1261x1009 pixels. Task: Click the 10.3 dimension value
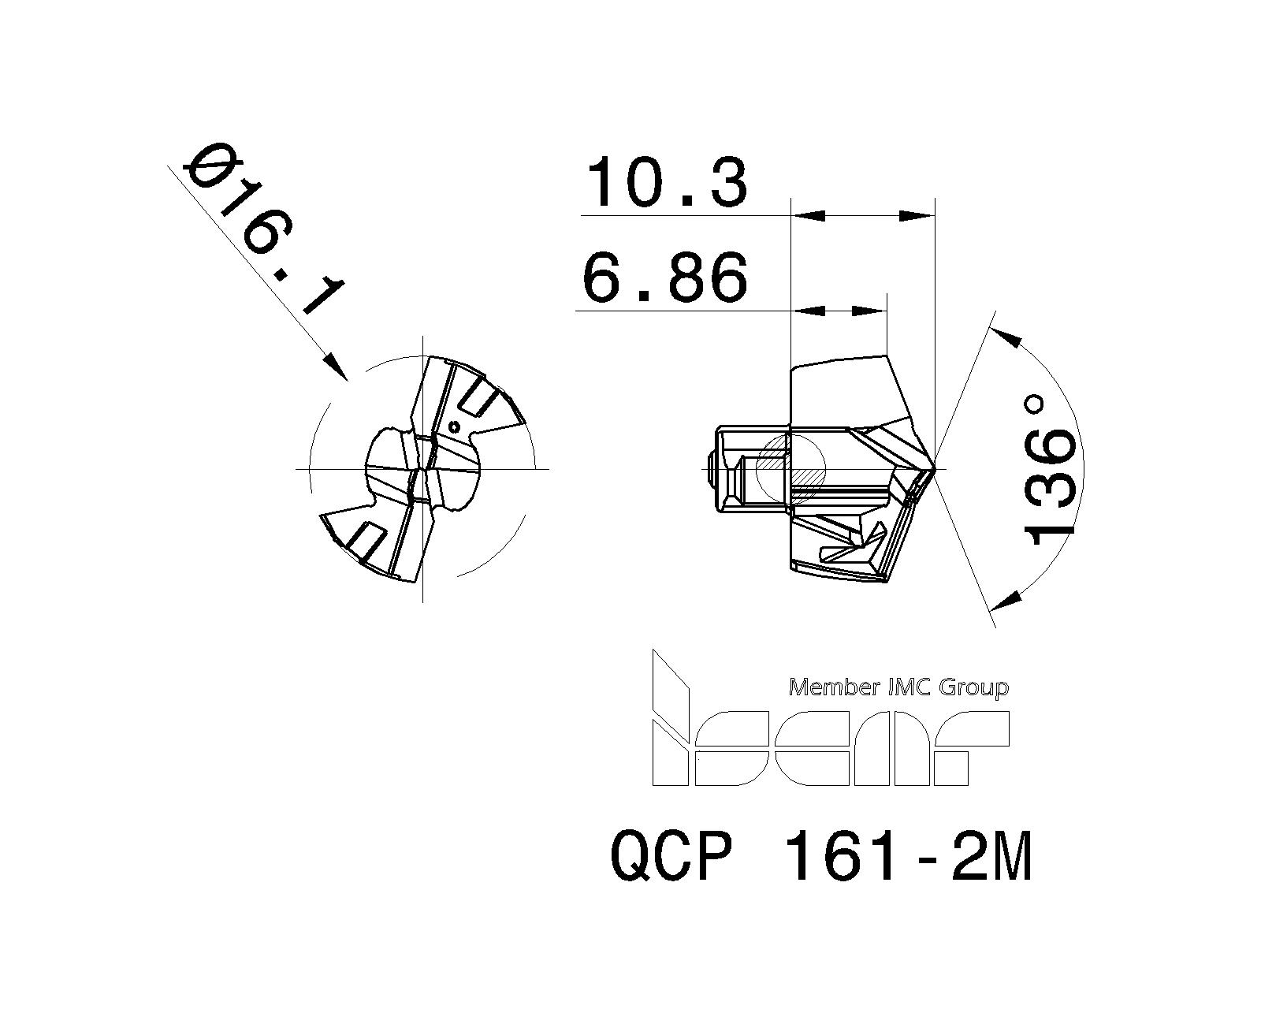666,183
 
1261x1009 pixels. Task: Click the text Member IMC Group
898,687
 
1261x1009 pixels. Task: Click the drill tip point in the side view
935,470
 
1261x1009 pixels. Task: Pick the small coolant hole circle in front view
453,427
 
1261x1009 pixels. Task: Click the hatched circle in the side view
790,470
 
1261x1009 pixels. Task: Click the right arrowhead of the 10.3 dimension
917,215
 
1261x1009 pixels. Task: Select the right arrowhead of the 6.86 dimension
870,311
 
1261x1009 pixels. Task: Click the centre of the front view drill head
423,469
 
